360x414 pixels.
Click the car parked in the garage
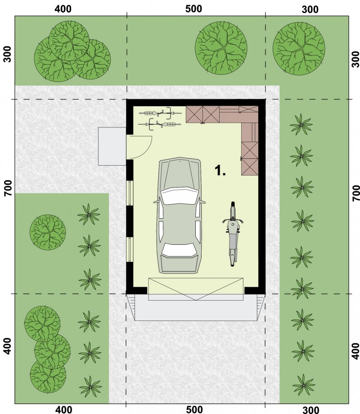[x=180, y=216]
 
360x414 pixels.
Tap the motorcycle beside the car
[x=233, y=234]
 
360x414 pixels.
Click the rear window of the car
[x=180, y=250]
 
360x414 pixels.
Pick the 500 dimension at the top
[x=193, y=9]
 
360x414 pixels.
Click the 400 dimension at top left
[x=63, y=9]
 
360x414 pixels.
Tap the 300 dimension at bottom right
[x=311, y=410]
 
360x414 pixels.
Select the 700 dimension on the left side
[x=8, y=188]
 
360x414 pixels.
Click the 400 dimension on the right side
[x=356, y=351]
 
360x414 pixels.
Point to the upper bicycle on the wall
[x=160, y=113]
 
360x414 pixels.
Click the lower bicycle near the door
[x=160, y=124]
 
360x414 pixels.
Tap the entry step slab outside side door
[x=112, y=146]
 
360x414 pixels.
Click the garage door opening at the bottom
[x=196, y=289]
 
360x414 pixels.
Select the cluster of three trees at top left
[x=72, y=51]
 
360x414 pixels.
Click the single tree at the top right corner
[x=299, y=49]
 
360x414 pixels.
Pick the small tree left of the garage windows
[x=48, y=232]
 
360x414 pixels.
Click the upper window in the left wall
[x=130, y=193]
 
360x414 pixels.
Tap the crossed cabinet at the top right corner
[x=248, y=109]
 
